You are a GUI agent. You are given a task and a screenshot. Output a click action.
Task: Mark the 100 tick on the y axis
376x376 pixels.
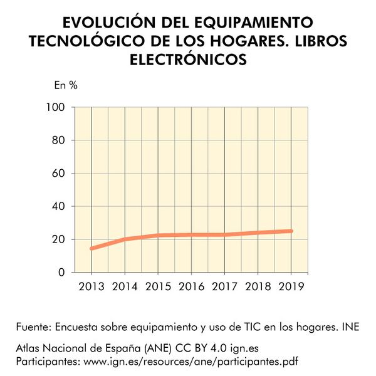point(56,107)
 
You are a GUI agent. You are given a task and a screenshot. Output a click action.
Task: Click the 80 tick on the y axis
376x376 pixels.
point(59,140)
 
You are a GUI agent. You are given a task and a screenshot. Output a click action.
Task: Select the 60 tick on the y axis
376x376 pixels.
point(59,174)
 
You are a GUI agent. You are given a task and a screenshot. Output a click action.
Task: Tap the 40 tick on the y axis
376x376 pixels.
point(59,206)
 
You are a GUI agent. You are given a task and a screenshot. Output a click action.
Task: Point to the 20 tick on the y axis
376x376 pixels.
point(59,239)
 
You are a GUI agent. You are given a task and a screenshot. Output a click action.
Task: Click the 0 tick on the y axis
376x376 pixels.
point(62,273)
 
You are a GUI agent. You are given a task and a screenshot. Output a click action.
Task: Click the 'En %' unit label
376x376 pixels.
point(66,86)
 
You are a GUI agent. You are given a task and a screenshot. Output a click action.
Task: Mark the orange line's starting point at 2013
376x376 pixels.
point(92,248)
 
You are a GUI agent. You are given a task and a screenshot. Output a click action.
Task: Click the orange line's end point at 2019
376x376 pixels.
point(291,231)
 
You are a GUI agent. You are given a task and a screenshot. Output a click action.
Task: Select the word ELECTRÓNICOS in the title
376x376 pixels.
point(188,59)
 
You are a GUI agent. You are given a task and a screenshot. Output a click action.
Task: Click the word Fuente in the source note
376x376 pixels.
point(34,326)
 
